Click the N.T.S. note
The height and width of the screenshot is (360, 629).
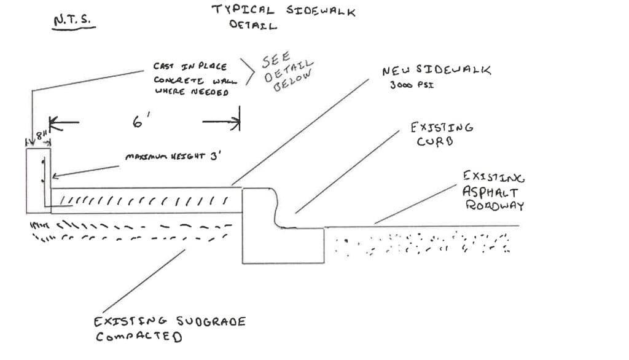point(73,20)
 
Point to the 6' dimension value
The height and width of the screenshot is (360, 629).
point(138,122)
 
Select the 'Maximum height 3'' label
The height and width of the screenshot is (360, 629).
point(173,157)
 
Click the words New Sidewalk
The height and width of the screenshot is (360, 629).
point(437,71)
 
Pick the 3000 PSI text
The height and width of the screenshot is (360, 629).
point(412,85)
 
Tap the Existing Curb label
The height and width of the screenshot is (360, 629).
point(442,134)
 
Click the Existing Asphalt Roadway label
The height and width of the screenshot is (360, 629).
point(493,191)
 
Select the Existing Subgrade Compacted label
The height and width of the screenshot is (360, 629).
point(170,329)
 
